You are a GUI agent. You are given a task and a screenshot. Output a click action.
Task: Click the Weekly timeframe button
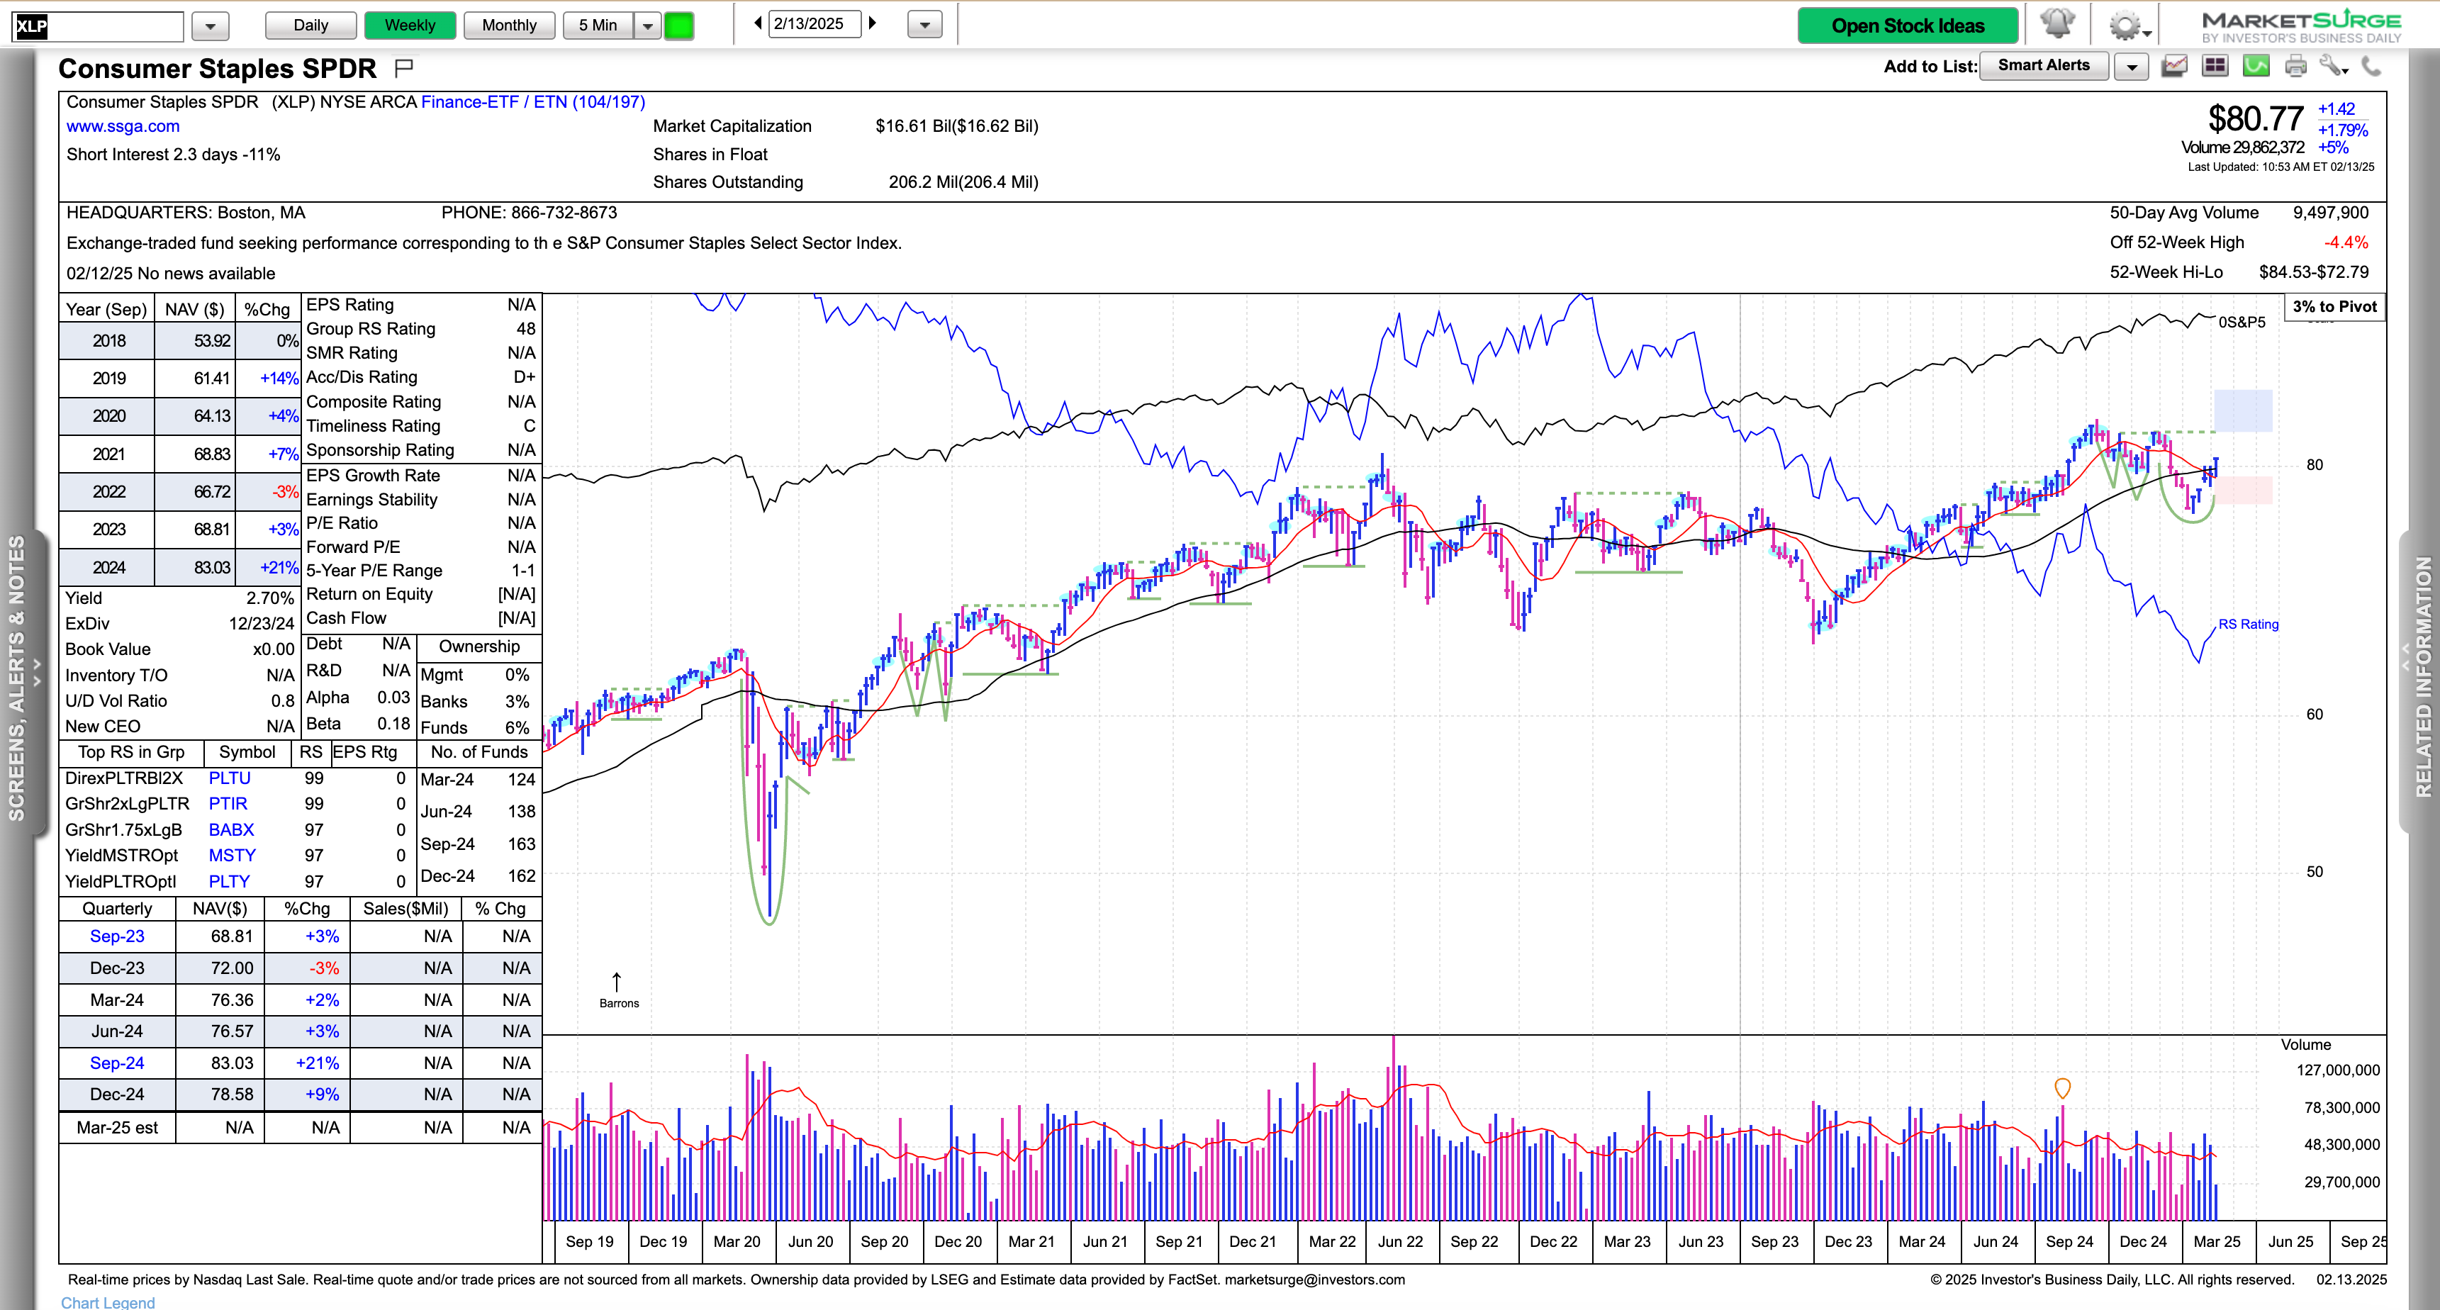409,26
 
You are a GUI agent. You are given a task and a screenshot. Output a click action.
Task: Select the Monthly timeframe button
509,26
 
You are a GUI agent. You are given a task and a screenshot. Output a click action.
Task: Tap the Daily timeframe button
310,26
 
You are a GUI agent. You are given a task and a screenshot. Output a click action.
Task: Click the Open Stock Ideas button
1907,26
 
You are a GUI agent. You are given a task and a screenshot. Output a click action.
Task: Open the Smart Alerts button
2043,65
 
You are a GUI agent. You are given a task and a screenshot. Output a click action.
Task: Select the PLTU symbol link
229,778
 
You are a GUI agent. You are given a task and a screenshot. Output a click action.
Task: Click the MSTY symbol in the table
232,856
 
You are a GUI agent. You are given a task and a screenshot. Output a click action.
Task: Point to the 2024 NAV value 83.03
211,567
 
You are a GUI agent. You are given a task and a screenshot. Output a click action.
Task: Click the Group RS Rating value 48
526,329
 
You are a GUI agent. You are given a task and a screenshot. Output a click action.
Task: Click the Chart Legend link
108,1302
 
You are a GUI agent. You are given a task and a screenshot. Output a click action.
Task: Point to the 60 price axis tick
2314,715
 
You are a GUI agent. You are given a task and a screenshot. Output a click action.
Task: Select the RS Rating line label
2248,625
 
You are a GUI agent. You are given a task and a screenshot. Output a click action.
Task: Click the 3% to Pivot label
2334,307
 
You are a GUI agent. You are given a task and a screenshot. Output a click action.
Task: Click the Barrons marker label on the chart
619,1003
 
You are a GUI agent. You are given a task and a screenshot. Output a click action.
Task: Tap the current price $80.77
2254,119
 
